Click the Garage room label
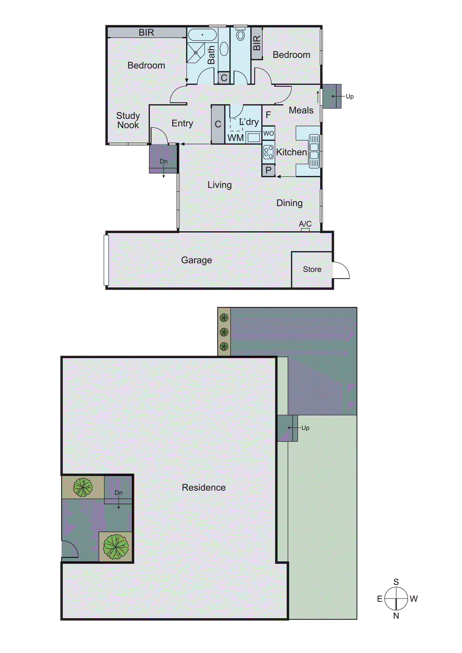(x=196, y=260)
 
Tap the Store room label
(x=312, y=269)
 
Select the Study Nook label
(x=128, y=120)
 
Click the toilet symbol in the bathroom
(x=241, y=35)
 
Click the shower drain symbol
(x=195, y=53)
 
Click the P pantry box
(x=268, y=170)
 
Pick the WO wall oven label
(x=268, y=133)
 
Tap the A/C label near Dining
(x=305, y=224)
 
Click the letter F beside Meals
(x=268, y=115)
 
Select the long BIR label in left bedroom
(x=146, y=32)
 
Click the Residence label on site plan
(x=204, y=487)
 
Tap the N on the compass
(x=396, y=616)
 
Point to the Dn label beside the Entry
(x=163, y=161)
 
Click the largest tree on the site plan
(x=116, y=546)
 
